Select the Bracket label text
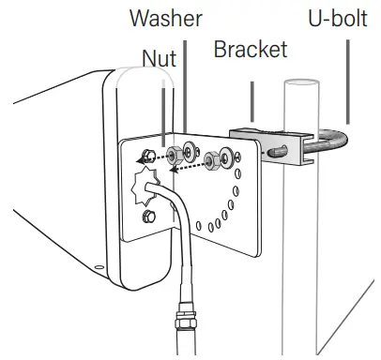[250, 48]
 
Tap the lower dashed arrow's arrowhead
[175, 172]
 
